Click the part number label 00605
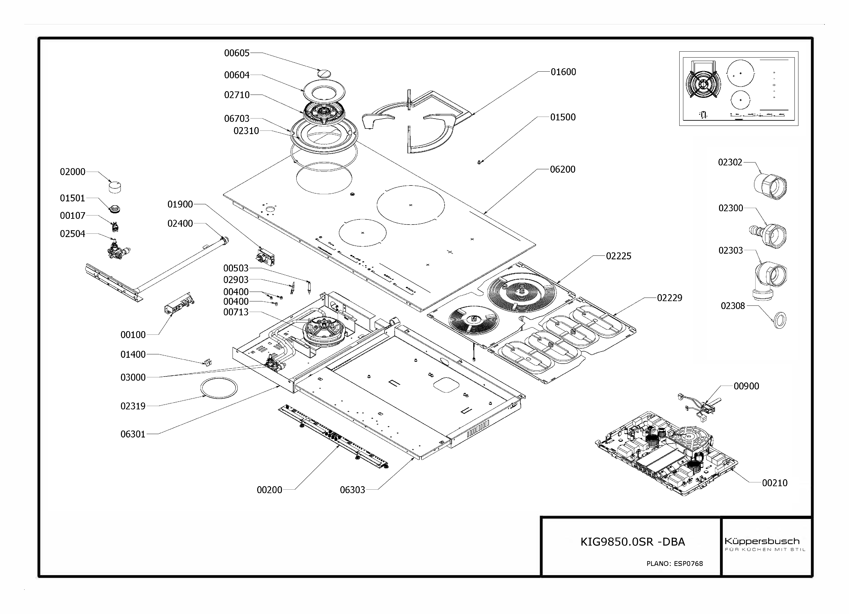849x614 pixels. (x=237, y=53)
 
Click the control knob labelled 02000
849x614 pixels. (x=115, y=187)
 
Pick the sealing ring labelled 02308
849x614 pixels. (x=780, y=320)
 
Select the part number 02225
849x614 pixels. (x=618, y=256)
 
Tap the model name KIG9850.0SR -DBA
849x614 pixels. (x=633, y=542)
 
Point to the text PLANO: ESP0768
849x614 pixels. (x=675, y=563)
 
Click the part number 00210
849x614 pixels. (x=775, y=483)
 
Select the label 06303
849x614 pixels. (x=352, y=490)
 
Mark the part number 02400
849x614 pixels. (x=180, y=223)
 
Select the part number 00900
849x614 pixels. (x=746, y=386)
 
